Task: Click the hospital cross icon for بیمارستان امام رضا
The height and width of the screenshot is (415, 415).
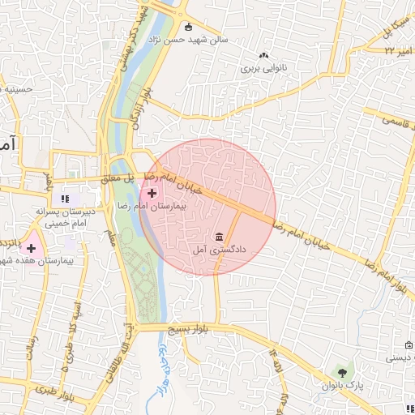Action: click(x=152, y=193)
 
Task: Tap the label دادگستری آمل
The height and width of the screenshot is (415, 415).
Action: click(x=219, y=252)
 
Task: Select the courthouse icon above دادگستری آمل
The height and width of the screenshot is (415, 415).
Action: click(x=219, y=237)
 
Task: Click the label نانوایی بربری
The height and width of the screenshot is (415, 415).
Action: click(x=263, y=70)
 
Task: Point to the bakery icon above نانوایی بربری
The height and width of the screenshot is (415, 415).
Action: click(x=263, y=55)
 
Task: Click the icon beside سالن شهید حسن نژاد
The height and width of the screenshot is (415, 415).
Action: click(x=188, y=26)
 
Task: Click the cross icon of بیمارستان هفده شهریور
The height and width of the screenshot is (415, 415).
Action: click(x=31, y=246)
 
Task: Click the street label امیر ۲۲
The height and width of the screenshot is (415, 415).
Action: click(x=396, y=50)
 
